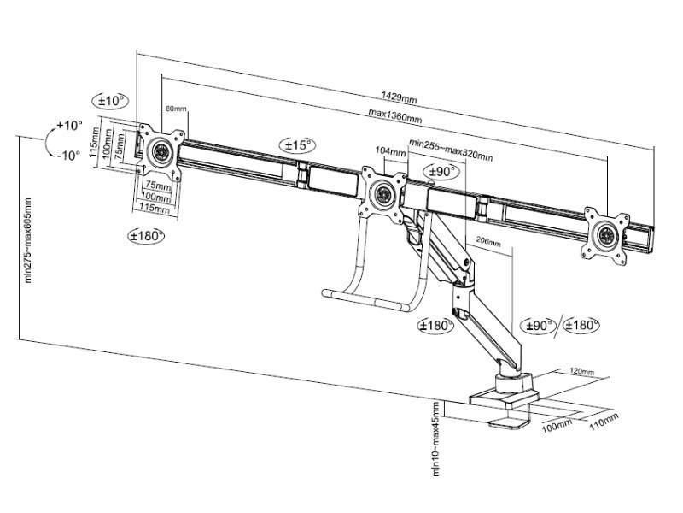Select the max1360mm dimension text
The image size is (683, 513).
tap(394, 116)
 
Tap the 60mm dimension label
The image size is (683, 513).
tap(175, 109)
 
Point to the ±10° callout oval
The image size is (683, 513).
tap(110, 101)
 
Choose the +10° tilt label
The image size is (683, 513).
tap(69, 126)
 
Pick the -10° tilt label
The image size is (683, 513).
tap(68, 155)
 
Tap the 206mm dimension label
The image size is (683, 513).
tap(487, 243)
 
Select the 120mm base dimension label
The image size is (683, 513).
tap(581, 373)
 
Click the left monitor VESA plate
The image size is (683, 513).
tap(161, 152)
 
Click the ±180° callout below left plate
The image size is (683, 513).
tap(146, 235)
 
